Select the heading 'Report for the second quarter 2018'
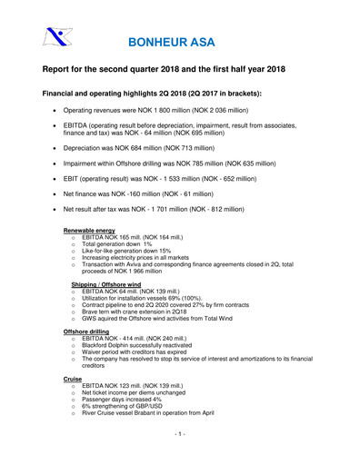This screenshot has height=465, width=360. point(169,70)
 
